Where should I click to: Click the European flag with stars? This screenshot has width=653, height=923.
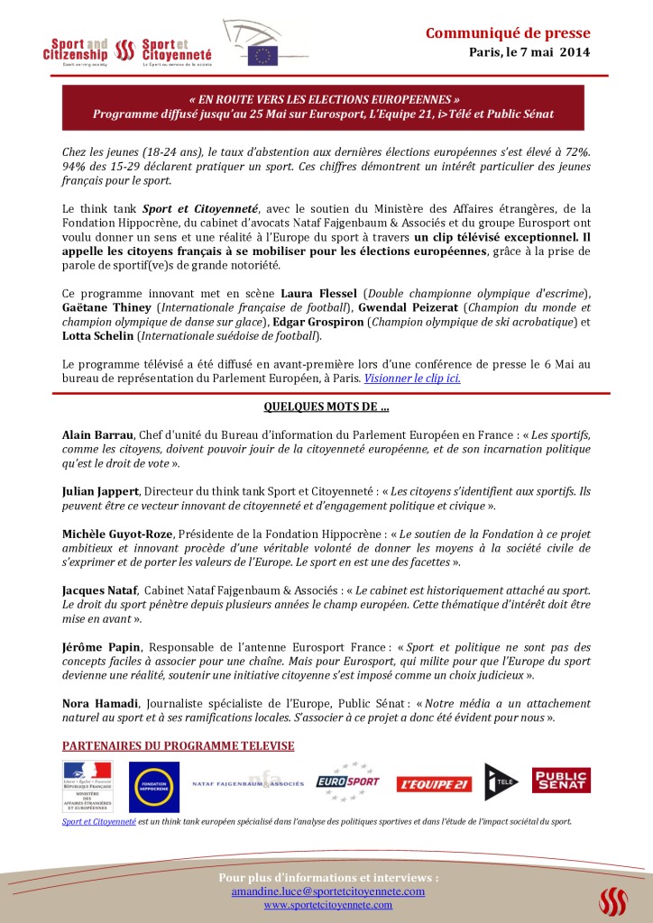coord(264,56)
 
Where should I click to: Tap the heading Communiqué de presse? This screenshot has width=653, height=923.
coord(508,33)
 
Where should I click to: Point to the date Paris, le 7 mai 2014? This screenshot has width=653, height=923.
coord(529,52)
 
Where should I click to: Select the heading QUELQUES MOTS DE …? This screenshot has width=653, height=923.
coord(326,407)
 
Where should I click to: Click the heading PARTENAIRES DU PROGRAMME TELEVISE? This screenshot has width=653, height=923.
coord(178,746)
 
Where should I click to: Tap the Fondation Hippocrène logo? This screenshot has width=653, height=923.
coord(153,787)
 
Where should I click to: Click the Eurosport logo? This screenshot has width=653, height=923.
coord(348,782)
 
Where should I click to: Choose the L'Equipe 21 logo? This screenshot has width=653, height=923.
coord(434,784)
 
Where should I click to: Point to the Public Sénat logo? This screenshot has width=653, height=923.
coord(561,781)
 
